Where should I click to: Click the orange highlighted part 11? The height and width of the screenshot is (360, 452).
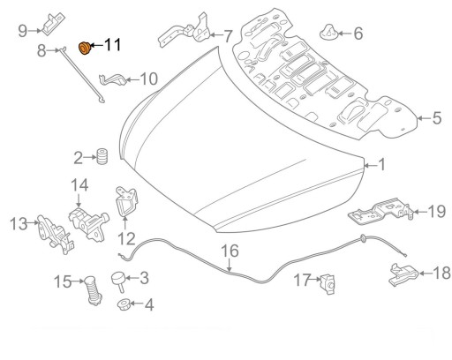tap(85, 49)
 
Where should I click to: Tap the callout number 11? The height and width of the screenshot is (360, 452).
tap(112, 45)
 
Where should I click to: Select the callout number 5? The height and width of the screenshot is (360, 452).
tap(437, 118)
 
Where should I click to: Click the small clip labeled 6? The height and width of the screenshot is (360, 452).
tap(328, 32)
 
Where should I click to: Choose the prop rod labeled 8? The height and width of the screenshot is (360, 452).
tap(81, 75)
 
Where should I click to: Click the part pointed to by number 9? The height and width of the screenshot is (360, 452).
tap(54, 24)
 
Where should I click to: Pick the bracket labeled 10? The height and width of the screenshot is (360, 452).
tap(113, 79)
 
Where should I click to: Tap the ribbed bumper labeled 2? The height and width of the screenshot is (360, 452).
tap(102, 157)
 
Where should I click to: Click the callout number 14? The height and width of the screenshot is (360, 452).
tap(79, 185)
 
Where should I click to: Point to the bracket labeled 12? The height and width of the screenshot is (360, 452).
tap(127, 202)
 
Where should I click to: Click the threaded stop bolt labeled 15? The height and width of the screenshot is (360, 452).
tap(93, 290)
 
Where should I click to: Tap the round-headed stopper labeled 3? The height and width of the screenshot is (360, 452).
tap(118, 281)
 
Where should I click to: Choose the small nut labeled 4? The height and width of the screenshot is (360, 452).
tap(124, 304)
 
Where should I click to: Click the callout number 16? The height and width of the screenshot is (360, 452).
tap(230, 251)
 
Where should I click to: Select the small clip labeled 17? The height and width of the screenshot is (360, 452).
tap(328, 284)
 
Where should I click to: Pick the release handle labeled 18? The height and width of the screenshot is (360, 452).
tap(403, 275)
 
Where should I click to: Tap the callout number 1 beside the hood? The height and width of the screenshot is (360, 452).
tap(381, 165)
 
